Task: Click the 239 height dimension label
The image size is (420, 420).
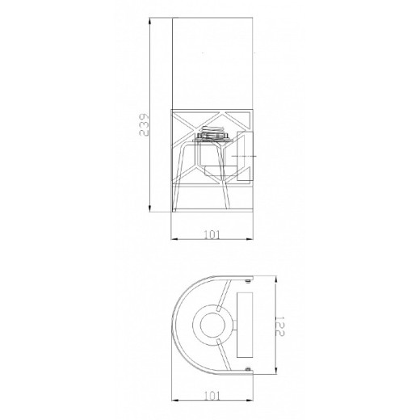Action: [x=144, y=124]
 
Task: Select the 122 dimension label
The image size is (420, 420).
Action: [x=280, y=326]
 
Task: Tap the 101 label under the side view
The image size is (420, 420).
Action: [x=212, y=235]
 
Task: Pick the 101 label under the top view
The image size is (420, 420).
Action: [x=212, y=396]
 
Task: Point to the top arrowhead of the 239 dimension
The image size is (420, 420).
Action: [x=149, y=22]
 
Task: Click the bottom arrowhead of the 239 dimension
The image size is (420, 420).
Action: [x=149, y=208]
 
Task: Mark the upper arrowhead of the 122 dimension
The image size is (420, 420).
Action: [x=275, y=279]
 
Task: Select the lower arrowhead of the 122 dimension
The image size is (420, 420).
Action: [x=275, y=370]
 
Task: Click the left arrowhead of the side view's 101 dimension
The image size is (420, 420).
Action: [x=175, y=239]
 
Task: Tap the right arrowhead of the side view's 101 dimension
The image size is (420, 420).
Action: [x=249, y=239]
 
